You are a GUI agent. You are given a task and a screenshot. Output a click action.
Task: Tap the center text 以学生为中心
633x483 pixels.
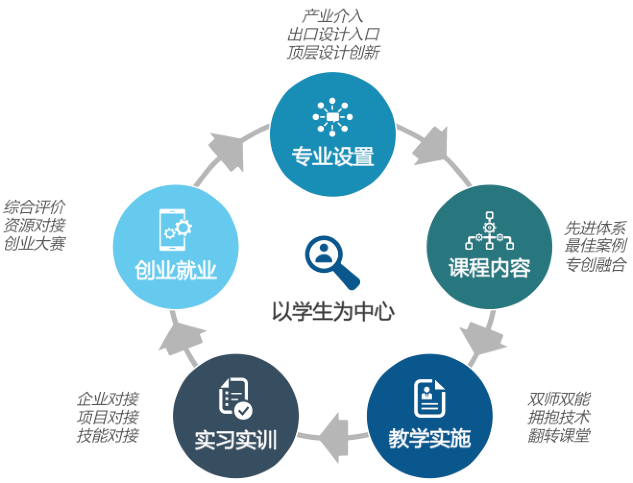[333, 311]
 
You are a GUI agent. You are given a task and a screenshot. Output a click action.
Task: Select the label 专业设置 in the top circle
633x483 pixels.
[333, 156]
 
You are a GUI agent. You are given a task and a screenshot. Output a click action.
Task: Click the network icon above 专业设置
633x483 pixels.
[332, 116]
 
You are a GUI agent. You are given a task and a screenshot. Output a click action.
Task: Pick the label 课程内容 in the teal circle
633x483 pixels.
[489, 267]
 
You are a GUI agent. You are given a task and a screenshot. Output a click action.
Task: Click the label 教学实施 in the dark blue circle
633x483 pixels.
[429, 438]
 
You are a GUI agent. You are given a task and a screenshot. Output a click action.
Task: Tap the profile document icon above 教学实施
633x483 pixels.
[429, 398]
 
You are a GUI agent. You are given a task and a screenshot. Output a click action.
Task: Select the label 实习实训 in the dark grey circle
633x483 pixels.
[235, 439]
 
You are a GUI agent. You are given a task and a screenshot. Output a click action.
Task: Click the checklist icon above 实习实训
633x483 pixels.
[235, 398]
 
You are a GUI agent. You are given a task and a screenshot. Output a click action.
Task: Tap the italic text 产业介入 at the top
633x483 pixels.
[332, 16]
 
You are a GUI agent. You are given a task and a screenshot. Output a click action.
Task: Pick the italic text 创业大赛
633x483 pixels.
[34, 243]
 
